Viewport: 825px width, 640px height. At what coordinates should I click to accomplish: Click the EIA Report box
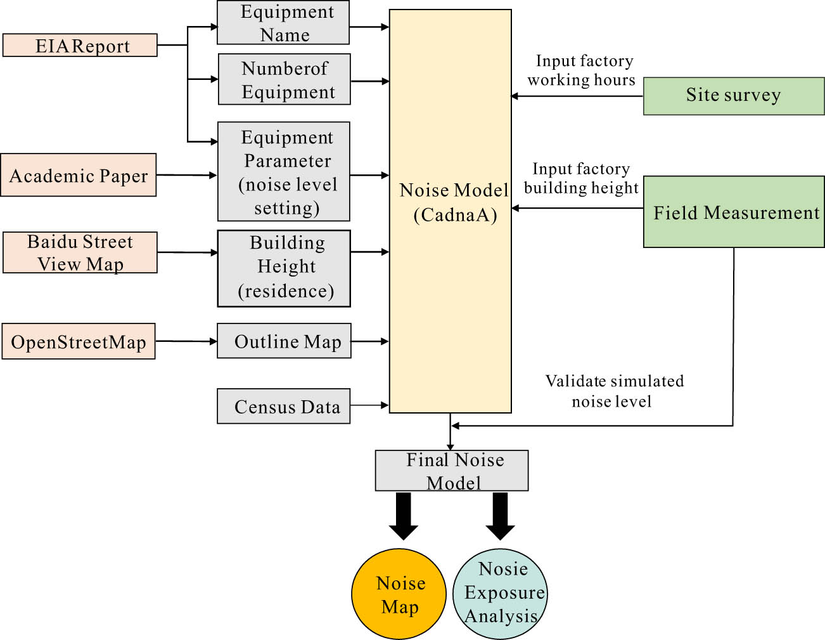pos(80,46)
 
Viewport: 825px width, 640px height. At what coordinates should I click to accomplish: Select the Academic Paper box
pos(79,175)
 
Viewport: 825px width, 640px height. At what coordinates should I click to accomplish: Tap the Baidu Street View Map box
pos(80,252)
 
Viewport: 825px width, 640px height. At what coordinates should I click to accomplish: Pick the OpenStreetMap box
pos(79,342)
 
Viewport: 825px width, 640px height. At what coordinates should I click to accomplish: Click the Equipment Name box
pos(283,23)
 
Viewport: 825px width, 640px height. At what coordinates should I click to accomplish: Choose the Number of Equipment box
pos(285,79)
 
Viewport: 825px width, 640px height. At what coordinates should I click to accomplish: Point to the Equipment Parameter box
pos(284,172)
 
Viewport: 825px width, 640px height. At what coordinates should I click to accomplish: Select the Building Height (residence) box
pos(284,268)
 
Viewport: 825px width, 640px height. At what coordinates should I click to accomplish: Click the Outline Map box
pos(284,341)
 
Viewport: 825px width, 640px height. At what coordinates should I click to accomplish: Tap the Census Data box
pos(284,406)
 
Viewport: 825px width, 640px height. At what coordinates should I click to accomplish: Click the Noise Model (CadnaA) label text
pos(454,202)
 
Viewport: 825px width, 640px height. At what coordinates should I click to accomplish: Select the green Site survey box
pos(734,96)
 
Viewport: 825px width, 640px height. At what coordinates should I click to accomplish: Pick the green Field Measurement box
pos(734,212)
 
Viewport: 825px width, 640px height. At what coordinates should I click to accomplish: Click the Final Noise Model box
pos(452,471)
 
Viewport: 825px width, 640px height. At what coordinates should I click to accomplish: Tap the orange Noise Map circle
pos(399,594)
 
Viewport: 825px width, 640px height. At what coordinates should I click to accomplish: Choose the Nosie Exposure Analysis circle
pos(501,593)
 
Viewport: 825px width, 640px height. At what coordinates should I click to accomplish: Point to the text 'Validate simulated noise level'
pos(613,391)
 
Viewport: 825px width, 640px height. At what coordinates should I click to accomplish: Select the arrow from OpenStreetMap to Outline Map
pos(186,341)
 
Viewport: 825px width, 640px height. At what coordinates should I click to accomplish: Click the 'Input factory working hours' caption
pos(581,70)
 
